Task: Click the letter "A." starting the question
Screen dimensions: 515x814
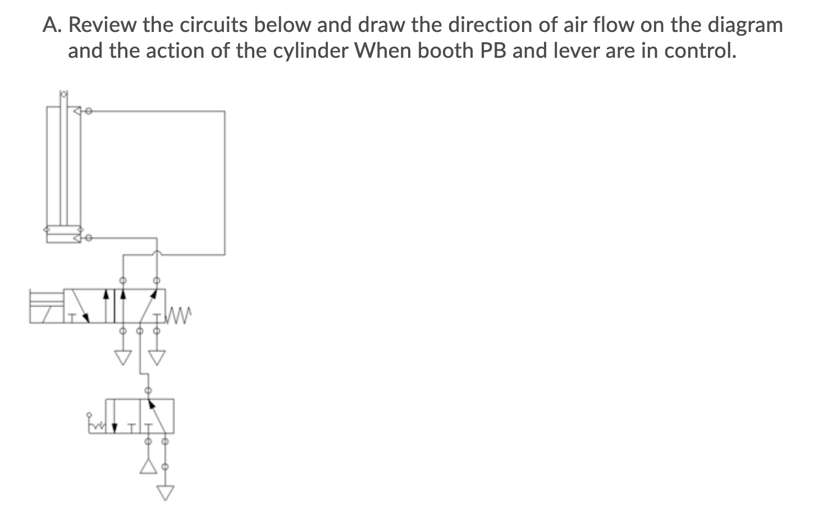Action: (x=53, y=25)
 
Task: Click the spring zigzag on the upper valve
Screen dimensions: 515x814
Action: (x=180, y=311)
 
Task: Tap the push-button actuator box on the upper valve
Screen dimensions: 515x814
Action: (x=47, y=306)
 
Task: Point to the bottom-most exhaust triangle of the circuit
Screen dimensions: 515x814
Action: (x=164, y=492)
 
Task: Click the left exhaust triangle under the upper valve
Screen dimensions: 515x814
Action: (x=122, y=357)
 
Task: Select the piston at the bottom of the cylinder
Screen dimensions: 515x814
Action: (x=64, y=229)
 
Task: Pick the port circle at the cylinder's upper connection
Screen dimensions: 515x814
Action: (x=89, y=111)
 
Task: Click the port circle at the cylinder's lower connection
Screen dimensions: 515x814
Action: (x=89, y=238)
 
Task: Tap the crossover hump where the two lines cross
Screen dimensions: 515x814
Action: (x=157, y=254)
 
